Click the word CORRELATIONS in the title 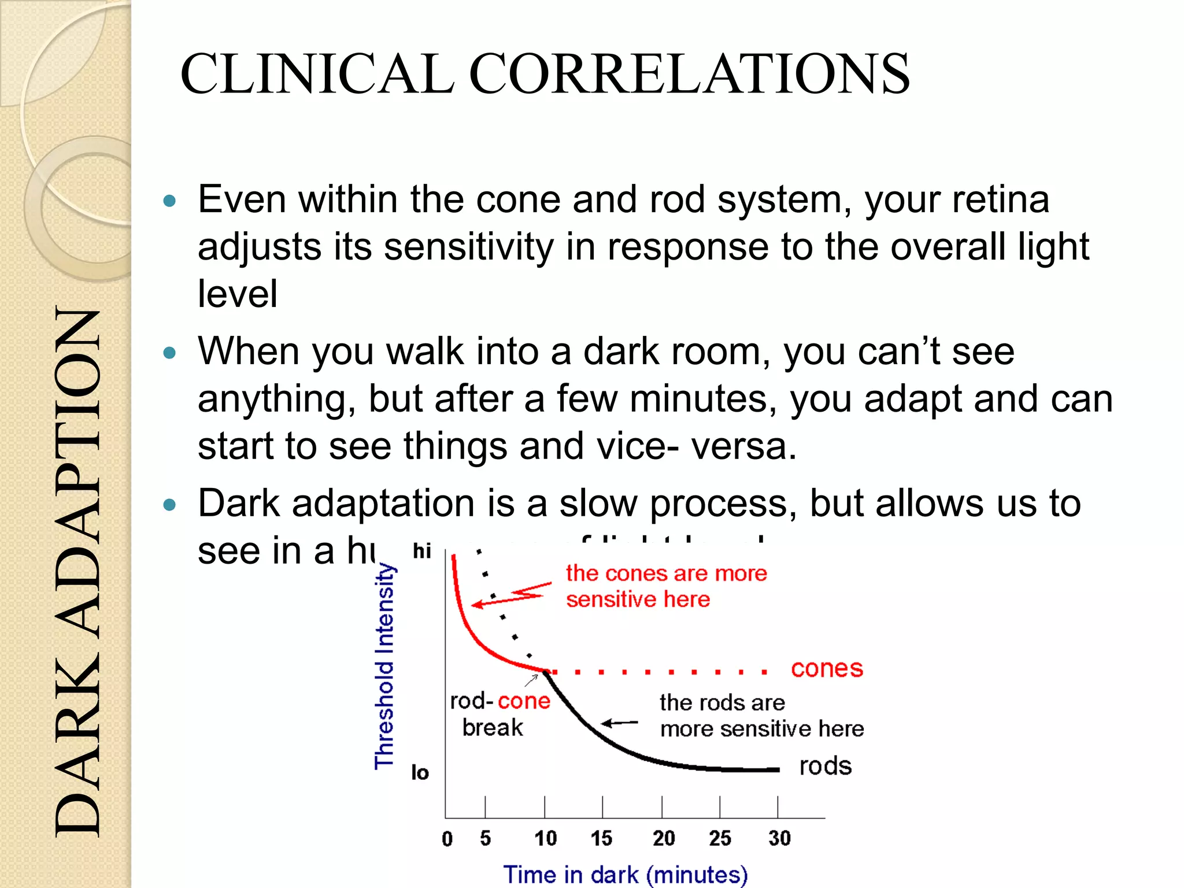pos(689,74)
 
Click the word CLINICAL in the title pos(317,74)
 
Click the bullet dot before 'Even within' pos(169,201)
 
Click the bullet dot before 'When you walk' pos(169,353)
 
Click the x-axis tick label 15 pos(601,838)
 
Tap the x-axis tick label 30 pos(779,838)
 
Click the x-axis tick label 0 pos(447,838)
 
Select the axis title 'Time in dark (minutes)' pos(626,874)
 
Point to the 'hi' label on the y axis pos(422,551)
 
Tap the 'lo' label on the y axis pos(420,772)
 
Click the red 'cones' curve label pos(827,669)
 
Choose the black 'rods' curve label pos(825,766)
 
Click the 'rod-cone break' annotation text pos(498,714)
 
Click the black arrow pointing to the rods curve pos(620,723)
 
